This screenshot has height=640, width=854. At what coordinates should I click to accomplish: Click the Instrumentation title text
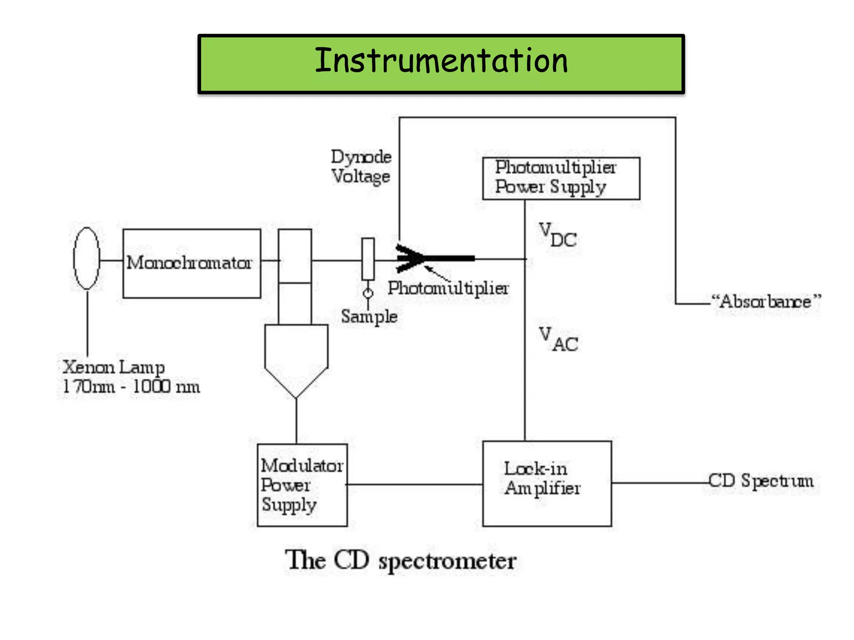pos(441,61)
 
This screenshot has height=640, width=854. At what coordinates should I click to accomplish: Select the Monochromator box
pos(192,263)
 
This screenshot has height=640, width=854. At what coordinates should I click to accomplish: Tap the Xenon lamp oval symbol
pos(87,258)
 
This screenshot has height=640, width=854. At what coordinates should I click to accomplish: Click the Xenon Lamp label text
pos(113,367)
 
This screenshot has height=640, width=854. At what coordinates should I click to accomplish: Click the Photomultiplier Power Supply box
pos(561,178)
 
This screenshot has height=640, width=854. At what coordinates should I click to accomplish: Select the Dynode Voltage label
pos(361,167)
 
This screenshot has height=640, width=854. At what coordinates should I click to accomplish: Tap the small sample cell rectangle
pos(368,259)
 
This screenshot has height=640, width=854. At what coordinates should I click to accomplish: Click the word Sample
pos(369,317)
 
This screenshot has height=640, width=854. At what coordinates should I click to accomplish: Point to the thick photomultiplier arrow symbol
pos(434,258)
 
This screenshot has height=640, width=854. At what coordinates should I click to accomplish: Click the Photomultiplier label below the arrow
pos(448,288)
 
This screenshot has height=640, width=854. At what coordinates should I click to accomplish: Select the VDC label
pos(558,235)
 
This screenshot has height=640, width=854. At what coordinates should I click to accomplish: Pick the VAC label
pos(558,340)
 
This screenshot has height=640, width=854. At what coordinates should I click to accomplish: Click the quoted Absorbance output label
pos(766,301)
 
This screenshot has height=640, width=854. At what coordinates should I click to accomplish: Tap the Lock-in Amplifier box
pos(547,483)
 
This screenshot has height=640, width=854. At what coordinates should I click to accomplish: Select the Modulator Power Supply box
pos(302,485)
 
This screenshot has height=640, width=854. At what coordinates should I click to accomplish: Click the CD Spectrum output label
pos(761,481)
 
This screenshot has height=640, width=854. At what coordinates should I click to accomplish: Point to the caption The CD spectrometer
pos(401,560)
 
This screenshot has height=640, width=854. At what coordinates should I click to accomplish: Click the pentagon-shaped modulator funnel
pos(296,358)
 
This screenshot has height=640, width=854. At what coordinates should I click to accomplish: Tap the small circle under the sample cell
pos(368,294)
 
